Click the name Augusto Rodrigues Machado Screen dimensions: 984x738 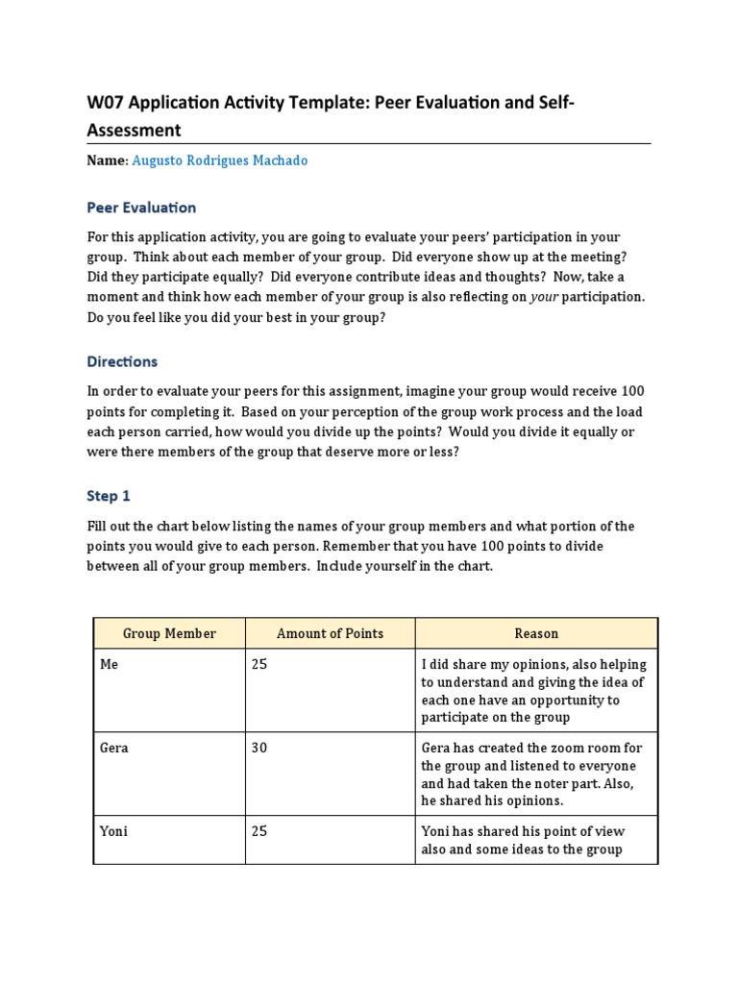[x=219, y=161]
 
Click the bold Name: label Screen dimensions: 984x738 [x=108, y=161]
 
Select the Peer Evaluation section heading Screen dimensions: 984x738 [x=141, y=208]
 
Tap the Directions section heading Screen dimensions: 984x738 [x=122, y=362]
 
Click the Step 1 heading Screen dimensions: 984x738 [x=108, y=496]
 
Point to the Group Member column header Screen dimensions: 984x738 [x=169, y=633]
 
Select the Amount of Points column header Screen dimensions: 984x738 [x=330, y=633]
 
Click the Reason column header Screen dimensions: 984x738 [x=536, y=633]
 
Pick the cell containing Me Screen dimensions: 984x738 [x=109, y=665]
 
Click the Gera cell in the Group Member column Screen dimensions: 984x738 [x=114, y=748]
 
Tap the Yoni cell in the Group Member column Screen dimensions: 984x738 [x=113, y=831]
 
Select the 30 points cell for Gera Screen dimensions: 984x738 [x=259, y=748]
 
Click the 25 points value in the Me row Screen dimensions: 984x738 [x=259, y=665]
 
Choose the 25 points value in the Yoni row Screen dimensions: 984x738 [x=259, y=831]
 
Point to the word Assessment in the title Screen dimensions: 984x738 [x=134, y=130]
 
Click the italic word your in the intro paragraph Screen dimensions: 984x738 [x=544, y=297]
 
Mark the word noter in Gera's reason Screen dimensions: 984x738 [x=554, y=783]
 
